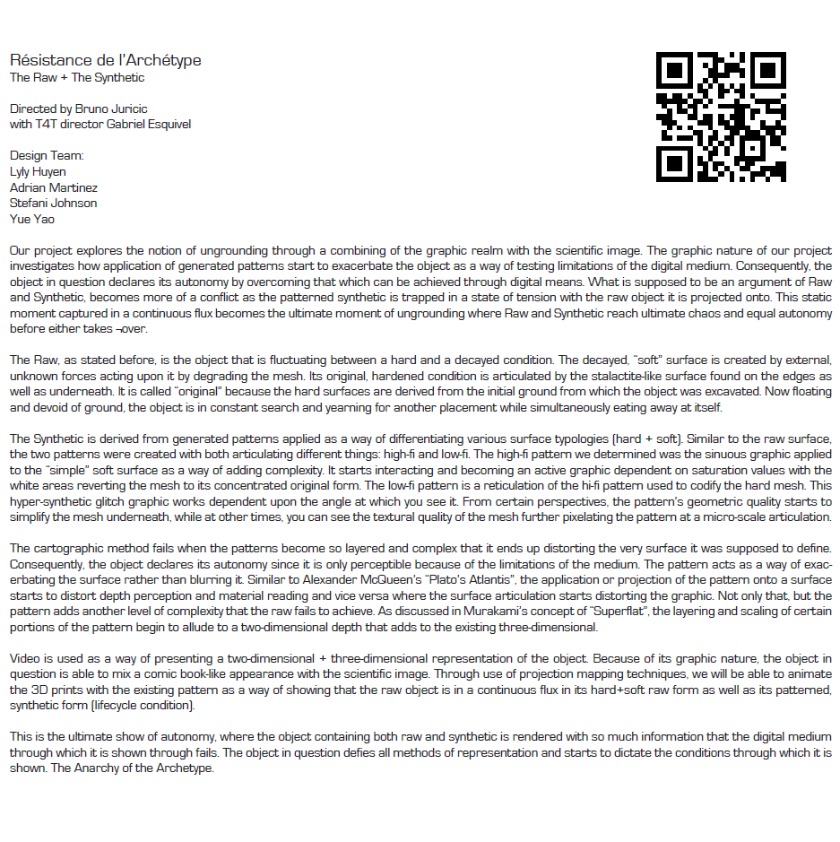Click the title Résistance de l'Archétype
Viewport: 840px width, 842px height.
coord(105,61)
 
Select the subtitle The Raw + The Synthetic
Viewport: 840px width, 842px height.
coord(77,78)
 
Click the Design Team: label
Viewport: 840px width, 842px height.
coord(47,156)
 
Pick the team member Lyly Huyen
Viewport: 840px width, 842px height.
coord(38,171)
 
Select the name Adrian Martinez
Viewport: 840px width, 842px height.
coord(54,187)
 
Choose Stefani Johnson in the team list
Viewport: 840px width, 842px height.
coord(53,203)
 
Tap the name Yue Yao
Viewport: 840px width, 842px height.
coord(30,218)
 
